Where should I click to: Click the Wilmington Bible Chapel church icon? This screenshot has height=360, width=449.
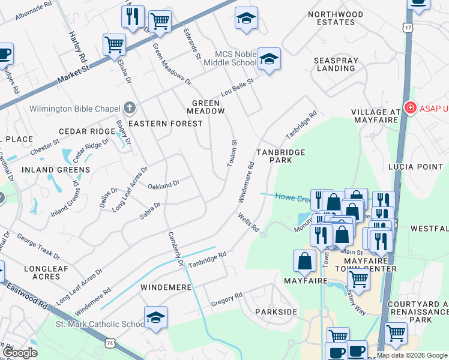click(x=130, y=109)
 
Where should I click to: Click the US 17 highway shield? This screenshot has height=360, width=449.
click(x=408, y=28)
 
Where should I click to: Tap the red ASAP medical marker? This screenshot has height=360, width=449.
click(x=411, y=109)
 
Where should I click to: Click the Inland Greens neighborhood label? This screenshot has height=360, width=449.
click(x=56, y=170)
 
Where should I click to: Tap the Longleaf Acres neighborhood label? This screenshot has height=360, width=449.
click(x=42, y=272)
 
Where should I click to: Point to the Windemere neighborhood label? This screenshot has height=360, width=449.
click(x=166, y=287)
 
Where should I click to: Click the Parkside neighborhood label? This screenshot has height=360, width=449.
click(x=276, y=313)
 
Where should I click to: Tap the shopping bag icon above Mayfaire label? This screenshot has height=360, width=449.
click(x=304, y=260)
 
